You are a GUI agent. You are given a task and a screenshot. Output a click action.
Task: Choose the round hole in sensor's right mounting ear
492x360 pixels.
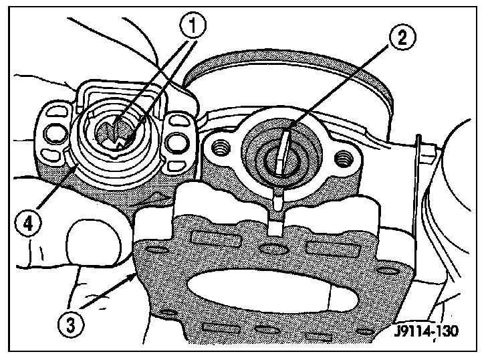pyautogui.click(x=178, y=141)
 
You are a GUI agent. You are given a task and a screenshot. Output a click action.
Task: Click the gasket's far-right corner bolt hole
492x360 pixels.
pyautogui.click(x=384, y=271)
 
